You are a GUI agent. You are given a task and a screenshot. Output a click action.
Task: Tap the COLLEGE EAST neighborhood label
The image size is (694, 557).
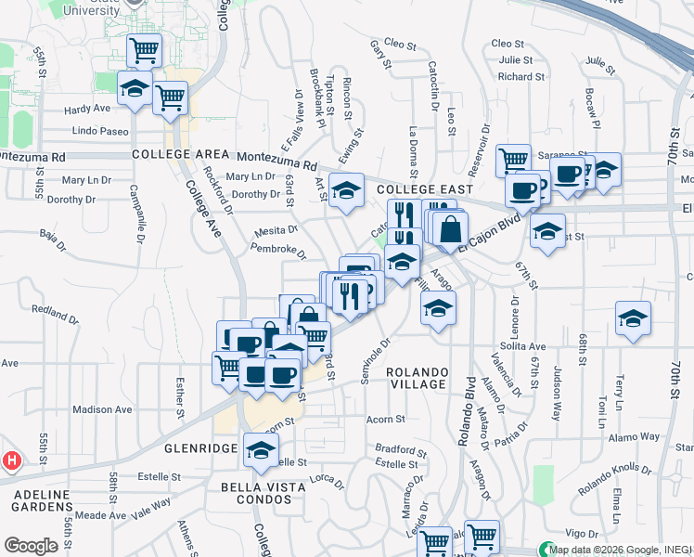[x=418, y=189]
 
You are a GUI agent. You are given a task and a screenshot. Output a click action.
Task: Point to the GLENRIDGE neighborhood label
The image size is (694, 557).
[x=201, y=448]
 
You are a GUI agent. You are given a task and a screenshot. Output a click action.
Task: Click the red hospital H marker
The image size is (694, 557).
[x=12, y=460]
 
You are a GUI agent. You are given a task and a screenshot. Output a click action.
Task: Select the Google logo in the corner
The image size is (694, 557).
[x=31, y=546]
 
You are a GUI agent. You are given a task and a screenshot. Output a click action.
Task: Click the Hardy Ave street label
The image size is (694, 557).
[x=88, y=110]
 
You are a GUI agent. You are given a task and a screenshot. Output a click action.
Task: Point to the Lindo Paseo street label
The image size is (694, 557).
[x=100, y=131]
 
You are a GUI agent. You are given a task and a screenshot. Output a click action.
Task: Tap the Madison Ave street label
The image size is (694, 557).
[x=102, y=409]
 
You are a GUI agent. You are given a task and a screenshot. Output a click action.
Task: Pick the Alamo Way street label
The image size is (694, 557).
[x=634, y=436]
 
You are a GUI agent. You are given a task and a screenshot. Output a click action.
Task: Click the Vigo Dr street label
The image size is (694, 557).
[x=583, y=534]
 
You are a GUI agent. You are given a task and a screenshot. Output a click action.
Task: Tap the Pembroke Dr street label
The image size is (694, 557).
[x=277, y=249]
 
